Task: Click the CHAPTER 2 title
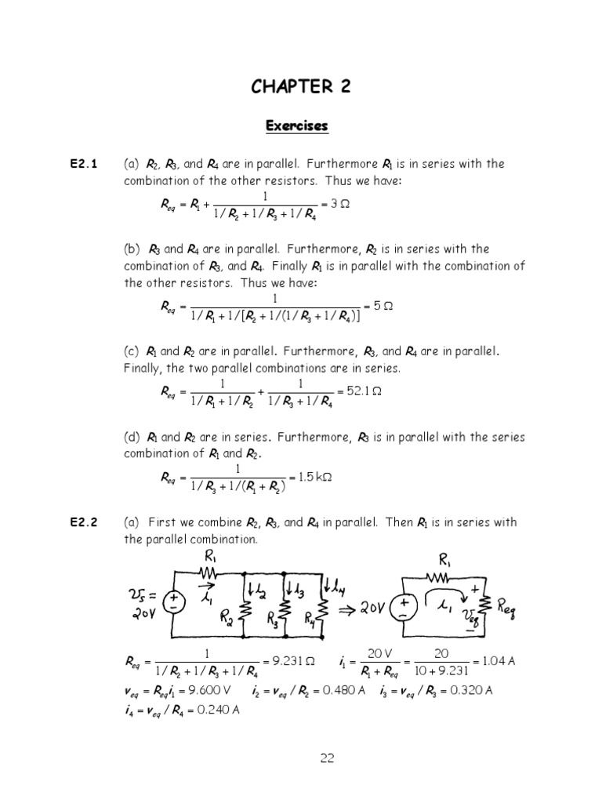tap(301, 87)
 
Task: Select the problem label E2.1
tap(82, 165)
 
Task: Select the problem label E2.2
tap(82, 522)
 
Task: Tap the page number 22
tap(327, 758)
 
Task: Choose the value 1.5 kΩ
tap(315, 476)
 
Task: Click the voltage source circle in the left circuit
tap(173, 601)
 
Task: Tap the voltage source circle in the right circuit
tap(404, 605)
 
